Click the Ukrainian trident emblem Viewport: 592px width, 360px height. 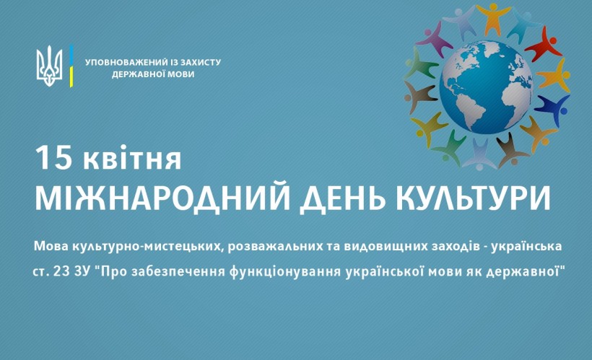point(49,66)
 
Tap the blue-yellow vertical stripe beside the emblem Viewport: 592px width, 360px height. point(71,66)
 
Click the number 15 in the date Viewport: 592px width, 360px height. point(53,157)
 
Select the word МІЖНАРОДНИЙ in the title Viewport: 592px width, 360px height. point(162,198)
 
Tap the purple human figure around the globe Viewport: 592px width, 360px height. point(435,39)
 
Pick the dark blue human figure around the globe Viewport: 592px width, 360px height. point(552,110)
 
